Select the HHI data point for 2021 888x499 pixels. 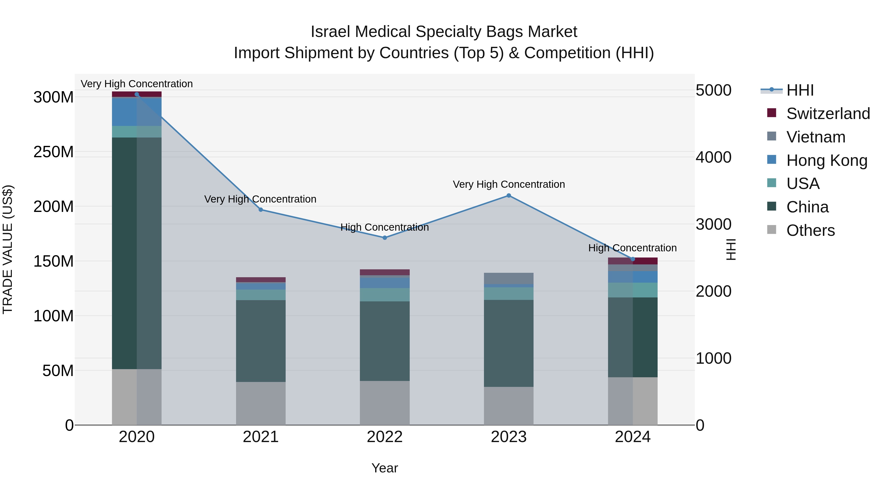[261, 210]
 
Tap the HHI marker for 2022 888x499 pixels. [385, 238]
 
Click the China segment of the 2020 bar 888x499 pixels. [136, 253]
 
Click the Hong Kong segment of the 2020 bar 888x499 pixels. [136, 112]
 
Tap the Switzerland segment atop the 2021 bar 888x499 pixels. [261, 280]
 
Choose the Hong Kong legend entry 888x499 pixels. [827, 160]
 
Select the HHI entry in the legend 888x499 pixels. [800, 90]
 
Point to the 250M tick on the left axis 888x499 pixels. [54, 152]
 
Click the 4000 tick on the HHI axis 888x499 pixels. [713, 157]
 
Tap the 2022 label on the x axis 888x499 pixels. [385, 437]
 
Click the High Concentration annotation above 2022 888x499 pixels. [385, 227]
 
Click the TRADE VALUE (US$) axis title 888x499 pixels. [8, 249]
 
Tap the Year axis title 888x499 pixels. [385, 468]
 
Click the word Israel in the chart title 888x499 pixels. [331, 32]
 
